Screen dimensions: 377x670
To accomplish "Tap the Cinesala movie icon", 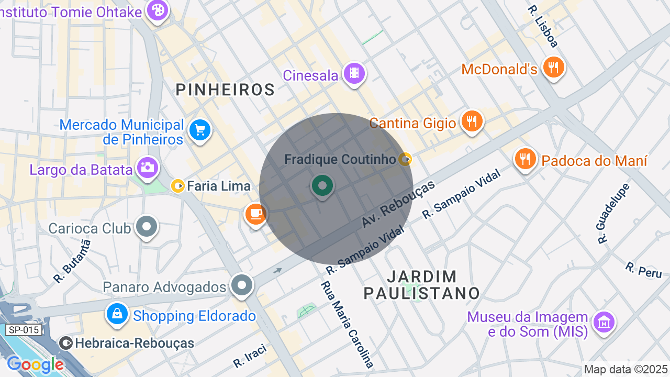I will tap(354, 74).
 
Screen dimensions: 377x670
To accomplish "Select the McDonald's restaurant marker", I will tap(553, 68).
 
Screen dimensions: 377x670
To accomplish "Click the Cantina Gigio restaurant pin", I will tap(472, 121).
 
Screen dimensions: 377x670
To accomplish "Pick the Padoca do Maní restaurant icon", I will tap(525, 158).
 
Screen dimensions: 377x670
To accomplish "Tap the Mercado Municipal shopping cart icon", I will tap(199, 130).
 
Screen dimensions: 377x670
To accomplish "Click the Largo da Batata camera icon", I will tap(147, 168).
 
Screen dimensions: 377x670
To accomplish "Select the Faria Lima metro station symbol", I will tap(178, 186).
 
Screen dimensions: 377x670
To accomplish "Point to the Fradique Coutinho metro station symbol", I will tap(405, 159).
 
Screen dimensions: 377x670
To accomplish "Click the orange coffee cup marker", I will tap(255, 214).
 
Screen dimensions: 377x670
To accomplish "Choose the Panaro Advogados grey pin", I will tap(242, 286).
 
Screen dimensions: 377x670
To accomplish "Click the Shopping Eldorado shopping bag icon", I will tap(117, 314).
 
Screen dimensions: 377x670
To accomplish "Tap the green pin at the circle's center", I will tap(322, 186).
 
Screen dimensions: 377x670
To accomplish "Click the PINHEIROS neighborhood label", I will tap(225, 90).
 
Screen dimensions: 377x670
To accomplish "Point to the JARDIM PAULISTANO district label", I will tap(421, 284).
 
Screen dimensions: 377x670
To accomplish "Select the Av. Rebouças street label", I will tap(398, 204).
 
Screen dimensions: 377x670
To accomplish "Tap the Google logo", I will tap(35, 365).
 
